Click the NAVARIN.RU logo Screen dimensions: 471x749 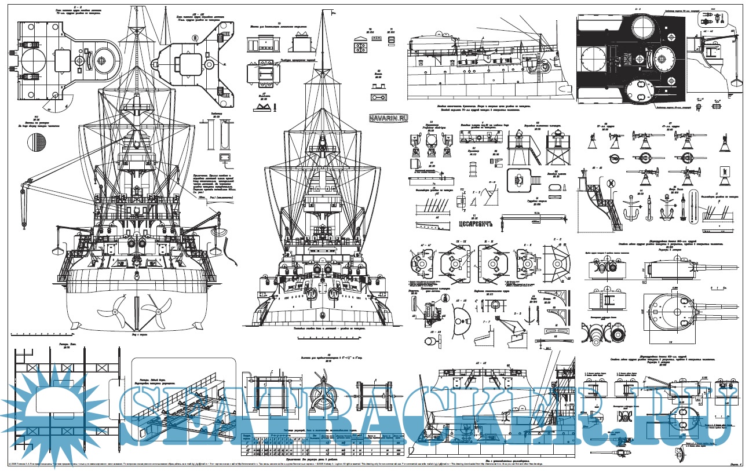click(388, 117)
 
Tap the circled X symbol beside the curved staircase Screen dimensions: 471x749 click(611, 184)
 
